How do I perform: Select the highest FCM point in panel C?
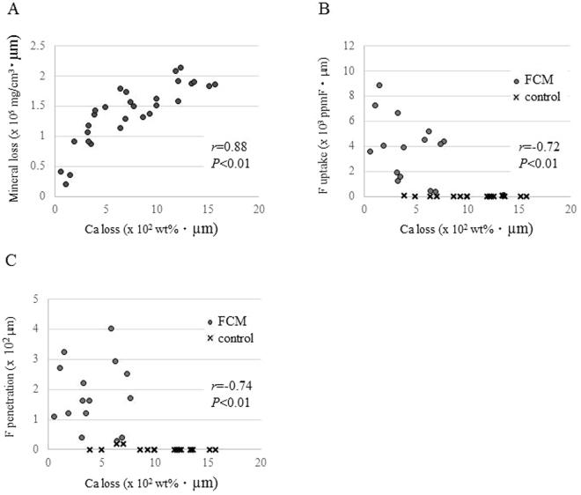tap(111, 329)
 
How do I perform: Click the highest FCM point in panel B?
tap(379, 85)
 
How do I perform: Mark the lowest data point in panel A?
tap(66, 184)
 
